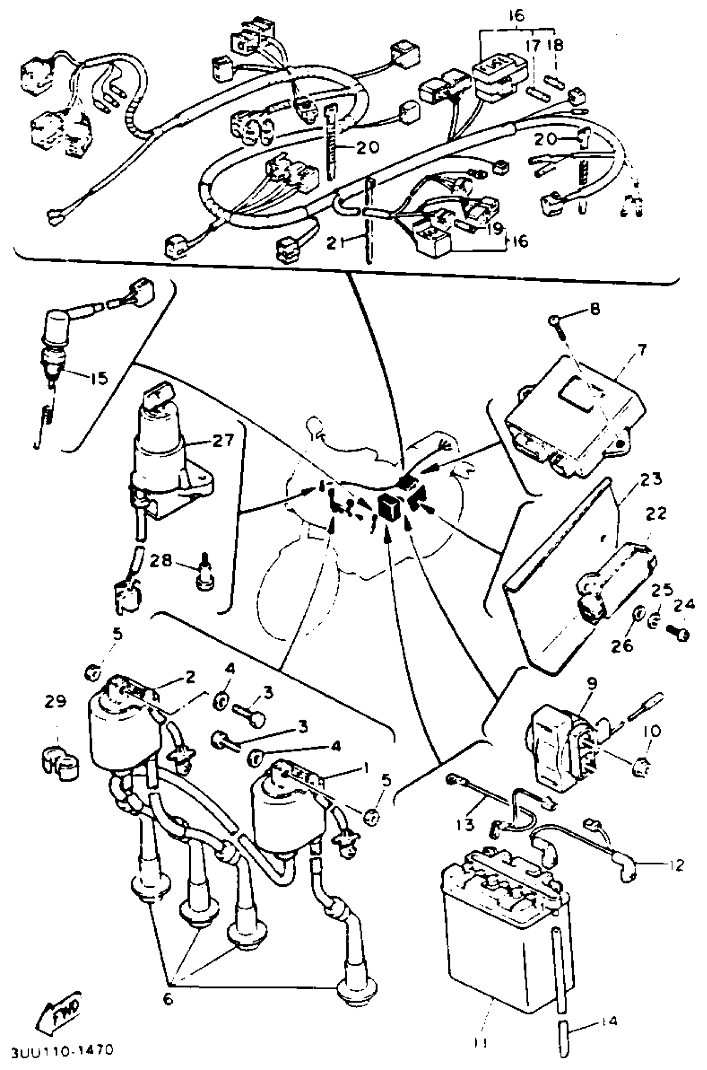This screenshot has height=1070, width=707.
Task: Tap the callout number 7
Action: tap(641, 349)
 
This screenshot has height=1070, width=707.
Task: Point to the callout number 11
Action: tap(481, 1043)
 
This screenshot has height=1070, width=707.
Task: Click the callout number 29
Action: tap(55, 701)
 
